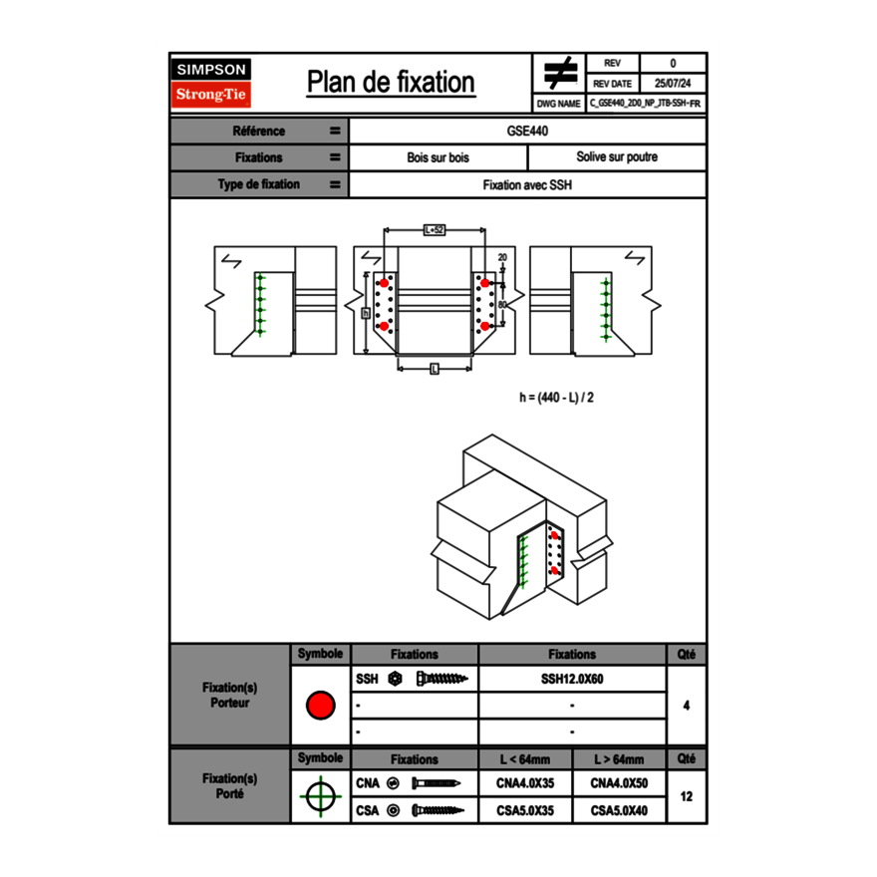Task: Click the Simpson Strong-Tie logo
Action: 212,83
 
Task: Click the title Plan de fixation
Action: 390,83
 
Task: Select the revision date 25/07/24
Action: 673,84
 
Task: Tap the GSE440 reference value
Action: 527,131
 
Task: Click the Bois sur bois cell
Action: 438,157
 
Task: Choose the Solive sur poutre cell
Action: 616,157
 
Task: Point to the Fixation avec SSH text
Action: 527,184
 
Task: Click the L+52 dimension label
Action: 434,229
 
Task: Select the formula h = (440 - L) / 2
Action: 557,397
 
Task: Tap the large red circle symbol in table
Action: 320,706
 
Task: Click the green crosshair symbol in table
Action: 320,796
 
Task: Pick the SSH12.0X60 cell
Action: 571,680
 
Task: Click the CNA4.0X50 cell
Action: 619,784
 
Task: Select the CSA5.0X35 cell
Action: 524,811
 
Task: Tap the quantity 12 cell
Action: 686,796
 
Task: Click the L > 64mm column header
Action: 619,759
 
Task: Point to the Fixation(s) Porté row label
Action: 229,786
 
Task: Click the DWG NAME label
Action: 558,103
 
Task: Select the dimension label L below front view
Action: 435,369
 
